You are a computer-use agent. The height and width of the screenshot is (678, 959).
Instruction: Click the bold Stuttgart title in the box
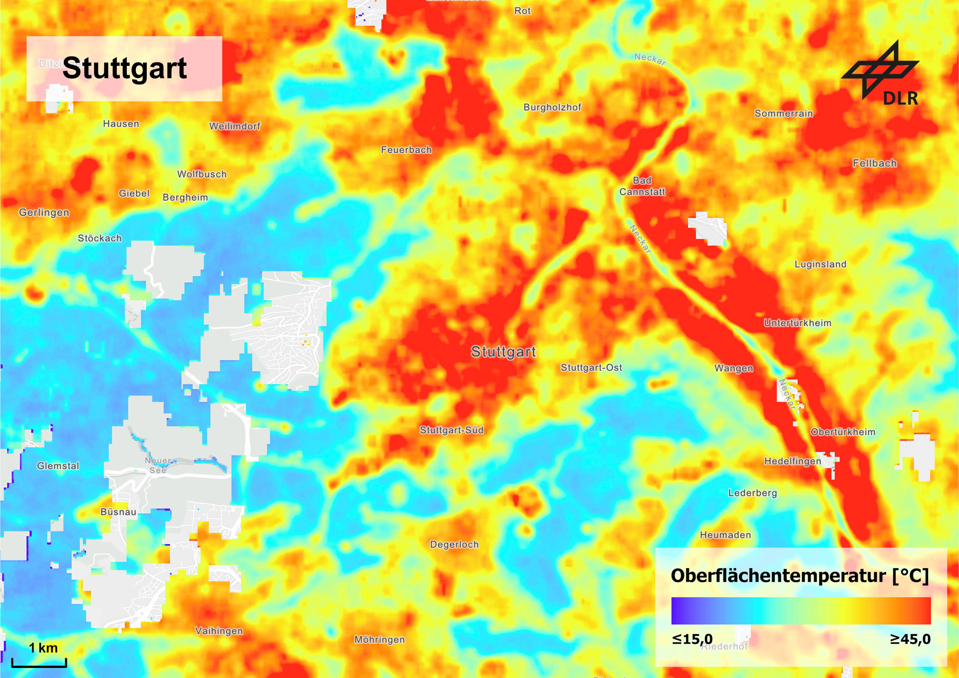[x=124, y=68]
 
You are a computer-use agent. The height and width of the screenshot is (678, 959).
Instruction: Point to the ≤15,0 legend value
[x=692, y=639]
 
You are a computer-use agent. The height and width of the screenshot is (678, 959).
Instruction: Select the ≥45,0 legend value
[x=910, y=639]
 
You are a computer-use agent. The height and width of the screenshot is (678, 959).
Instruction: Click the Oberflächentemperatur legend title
[x=799, y=576]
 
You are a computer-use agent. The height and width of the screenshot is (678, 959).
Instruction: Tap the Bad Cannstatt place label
[x=642, y=186]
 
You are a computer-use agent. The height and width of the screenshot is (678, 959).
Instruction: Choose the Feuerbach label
[x=406, y=150]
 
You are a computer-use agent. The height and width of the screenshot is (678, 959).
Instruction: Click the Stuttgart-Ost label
[x=591, y=368]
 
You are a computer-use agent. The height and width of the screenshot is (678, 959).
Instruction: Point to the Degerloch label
[x=455, y=545]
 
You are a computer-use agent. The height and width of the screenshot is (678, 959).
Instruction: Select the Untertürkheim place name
[x=798, y=323]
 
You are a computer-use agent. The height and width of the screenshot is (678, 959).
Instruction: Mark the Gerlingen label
[x=44, y=212]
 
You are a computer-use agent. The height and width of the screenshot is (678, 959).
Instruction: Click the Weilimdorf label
[x=235, y=126]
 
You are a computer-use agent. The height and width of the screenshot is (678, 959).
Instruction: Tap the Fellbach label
[x=875, y=163]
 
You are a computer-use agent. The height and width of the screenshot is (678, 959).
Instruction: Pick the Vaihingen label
[x=219, y=631]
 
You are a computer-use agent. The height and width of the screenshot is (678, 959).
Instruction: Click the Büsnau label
[x=118, y=512]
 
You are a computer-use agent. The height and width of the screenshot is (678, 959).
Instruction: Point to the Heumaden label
[x=725, y=535]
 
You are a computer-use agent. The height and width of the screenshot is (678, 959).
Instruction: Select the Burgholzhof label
[x=552, y=107]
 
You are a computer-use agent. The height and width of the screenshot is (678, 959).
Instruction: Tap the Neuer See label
[x=158, y=465]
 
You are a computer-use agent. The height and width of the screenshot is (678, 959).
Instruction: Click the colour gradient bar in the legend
[x=801, y=611]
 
